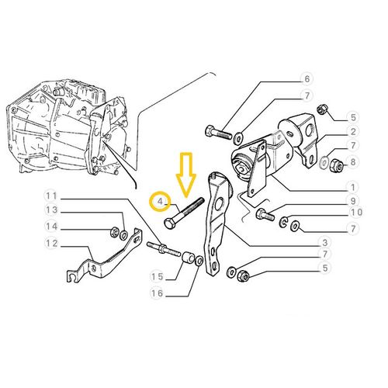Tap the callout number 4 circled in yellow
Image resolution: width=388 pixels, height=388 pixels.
point(161,202)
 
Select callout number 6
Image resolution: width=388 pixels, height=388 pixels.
point(307,78)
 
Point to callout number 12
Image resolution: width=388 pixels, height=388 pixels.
point(51,244)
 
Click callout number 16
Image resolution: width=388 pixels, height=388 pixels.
point(158,293)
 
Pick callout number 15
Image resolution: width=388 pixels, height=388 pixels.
point(158,277)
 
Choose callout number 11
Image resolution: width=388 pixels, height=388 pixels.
point(51,196)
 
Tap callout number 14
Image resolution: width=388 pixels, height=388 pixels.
point(51,227)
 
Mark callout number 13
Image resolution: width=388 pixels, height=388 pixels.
point(51,210)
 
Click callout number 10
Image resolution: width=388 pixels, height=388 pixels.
point(356,212)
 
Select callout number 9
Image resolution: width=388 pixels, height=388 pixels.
point(353,200)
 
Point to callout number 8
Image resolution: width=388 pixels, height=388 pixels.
point(353,162)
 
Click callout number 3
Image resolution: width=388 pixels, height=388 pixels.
point(325,242)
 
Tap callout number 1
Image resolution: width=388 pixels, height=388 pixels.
point(353,187)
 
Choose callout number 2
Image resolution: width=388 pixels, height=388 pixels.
point(353,131)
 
